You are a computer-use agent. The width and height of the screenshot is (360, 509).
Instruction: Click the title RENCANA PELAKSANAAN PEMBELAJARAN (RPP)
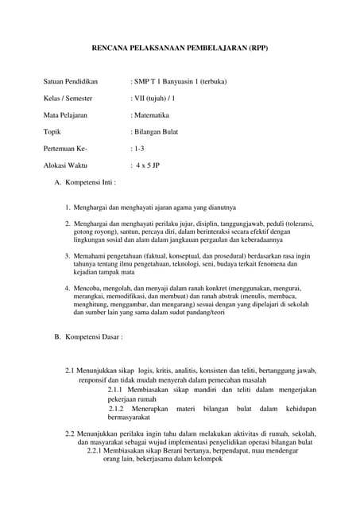pyautogui.click(x=180, y=49)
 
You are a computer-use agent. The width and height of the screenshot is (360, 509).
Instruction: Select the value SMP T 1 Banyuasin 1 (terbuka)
pyautogui.click(x=179, y=82)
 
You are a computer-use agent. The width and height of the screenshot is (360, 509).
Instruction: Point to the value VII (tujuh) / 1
pyautogui.click(x=153, y=99)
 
